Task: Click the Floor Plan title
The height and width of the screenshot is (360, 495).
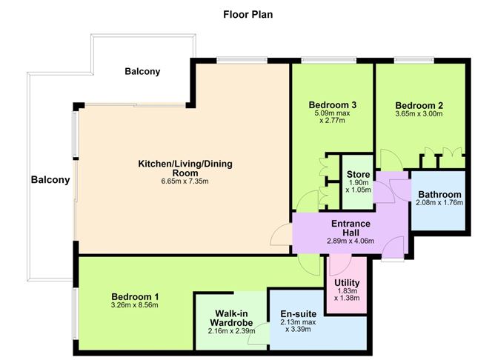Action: [x=247, y=15]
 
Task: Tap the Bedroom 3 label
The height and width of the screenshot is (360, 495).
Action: [x=333, y=104]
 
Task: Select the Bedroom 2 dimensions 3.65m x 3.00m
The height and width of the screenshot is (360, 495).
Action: [x=419, y=114]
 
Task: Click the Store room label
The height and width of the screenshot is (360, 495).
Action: [x=358, y=175]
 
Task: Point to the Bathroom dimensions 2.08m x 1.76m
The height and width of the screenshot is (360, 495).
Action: [x=439, y=202]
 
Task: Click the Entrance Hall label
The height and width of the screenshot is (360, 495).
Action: [x=351, y=228]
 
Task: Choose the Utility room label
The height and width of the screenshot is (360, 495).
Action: [x=347, y=283]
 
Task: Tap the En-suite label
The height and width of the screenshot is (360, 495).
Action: [x=299, y=314]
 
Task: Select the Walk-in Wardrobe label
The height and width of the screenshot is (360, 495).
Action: [x=231, y=318]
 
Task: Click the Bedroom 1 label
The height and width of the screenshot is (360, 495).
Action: [x=135, y=297]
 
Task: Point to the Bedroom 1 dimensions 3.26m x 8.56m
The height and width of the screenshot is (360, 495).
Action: [x=135, y=305]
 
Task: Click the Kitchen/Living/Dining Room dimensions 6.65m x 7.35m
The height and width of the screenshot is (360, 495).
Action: [x=185, y=181]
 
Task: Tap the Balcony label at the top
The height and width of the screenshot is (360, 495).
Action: [x=142, y=71]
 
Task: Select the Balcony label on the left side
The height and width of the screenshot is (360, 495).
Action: [x=50, y=180]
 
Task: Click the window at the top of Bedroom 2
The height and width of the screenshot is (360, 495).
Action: [x=414, y=60]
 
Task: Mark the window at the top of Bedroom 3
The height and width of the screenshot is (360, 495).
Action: [x=328, y=60]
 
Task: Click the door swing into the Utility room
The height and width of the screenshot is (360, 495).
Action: [x=340, y=266]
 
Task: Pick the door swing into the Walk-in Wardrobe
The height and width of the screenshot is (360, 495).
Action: [x=258, y=334]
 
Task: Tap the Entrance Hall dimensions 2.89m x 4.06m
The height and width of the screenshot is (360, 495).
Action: [x=351, y=241]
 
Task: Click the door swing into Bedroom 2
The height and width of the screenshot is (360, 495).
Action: [x=391, y=160]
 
